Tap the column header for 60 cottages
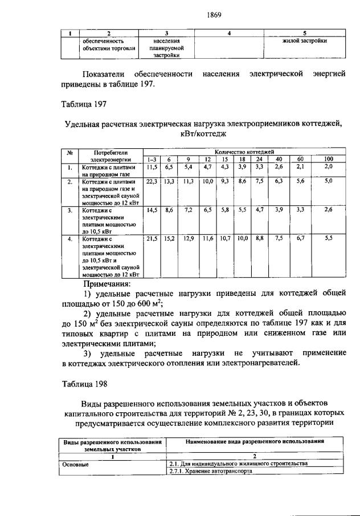click(x=300, y=159)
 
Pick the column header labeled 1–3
click(x=152, y=159)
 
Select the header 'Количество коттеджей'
click(x=245, y=152)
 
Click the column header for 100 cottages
click(x=329, y=159)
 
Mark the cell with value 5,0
click(x=329, y=181)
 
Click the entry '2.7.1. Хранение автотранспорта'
click(x=211, y=472)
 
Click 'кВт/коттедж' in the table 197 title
click(x=203, y=134)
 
